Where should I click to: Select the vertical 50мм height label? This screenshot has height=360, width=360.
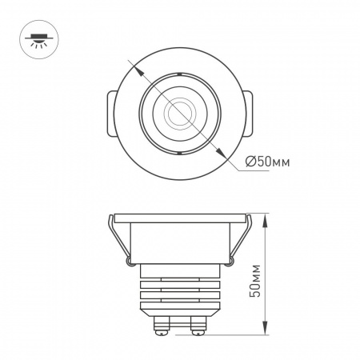coord(255,278)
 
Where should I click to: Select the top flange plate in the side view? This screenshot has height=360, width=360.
coord(179,218)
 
